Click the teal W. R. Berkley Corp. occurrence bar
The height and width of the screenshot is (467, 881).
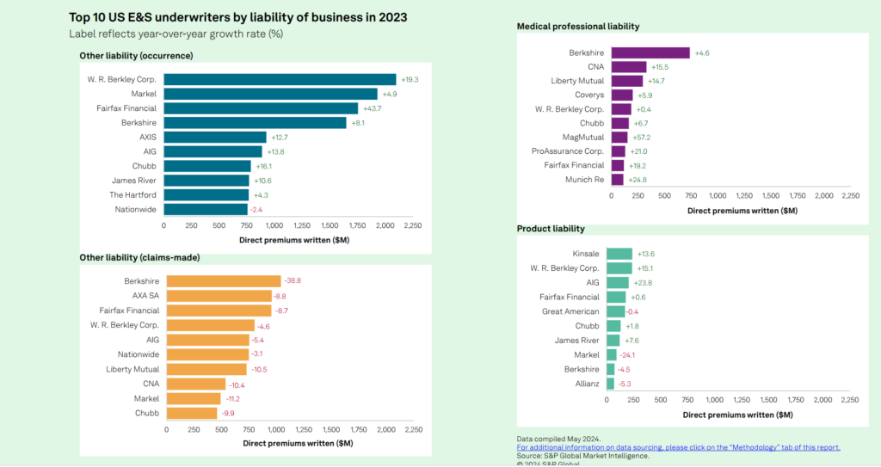click(x=280, y=79)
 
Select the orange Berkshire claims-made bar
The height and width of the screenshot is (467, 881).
click(x=224, y=280)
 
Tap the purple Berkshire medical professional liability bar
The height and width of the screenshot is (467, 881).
click(x=650, y=52)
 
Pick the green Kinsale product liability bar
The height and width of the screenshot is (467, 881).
click(x=619, y=254)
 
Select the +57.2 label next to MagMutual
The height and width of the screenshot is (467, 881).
click(x=642, y=137)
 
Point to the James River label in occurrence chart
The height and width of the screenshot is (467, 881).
click(x=133, y=181)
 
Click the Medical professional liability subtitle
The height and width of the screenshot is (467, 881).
click(x=577, y=27)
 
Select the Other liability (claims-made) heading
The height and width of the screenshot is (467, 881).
click(x=139, y=257)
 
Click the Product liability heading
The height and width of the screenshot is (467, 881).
click(x=551, y=229)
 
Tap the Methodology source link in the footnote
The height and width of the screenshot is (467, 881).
click(x=678, y=447)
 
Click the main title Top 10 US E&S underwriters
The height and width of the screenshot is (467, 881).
click(x=238, y=17)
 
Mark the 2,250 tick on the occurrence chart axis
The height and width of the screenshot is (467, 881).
click(x=413, y=225)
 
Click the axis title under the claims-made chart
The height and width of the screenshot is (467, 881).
click(x=297, y=443)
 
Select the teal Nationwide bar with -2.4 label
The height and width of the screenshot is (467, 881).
click(x=205, y=209)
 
